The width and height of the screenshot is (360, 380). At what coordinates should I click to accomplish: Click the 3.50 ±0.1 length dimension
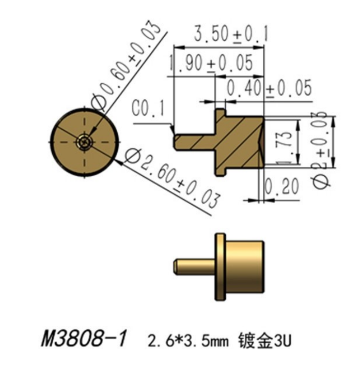[230, 34]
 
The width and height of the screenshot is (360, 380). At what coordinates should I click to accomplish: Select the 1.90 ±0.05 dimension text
[211, 64]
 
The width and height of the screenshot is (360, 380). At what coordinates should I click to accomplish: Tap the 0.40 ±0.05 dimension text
[269, 88]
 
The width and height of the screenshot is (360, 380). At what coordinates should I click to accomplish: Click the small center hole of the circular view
[84, 141]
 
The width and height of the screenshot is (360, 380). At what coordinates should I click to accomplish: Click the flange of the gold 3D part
[221, 267]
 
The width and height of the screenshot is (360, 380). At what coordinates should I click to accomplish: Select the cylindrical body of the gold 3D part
[245, 267]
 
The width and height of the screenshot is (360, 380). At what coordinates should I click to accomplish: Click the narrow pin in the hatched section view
[194, 142]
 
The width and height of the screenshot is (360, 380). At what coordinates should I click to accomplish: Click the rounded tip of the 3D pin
[176, 267]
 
